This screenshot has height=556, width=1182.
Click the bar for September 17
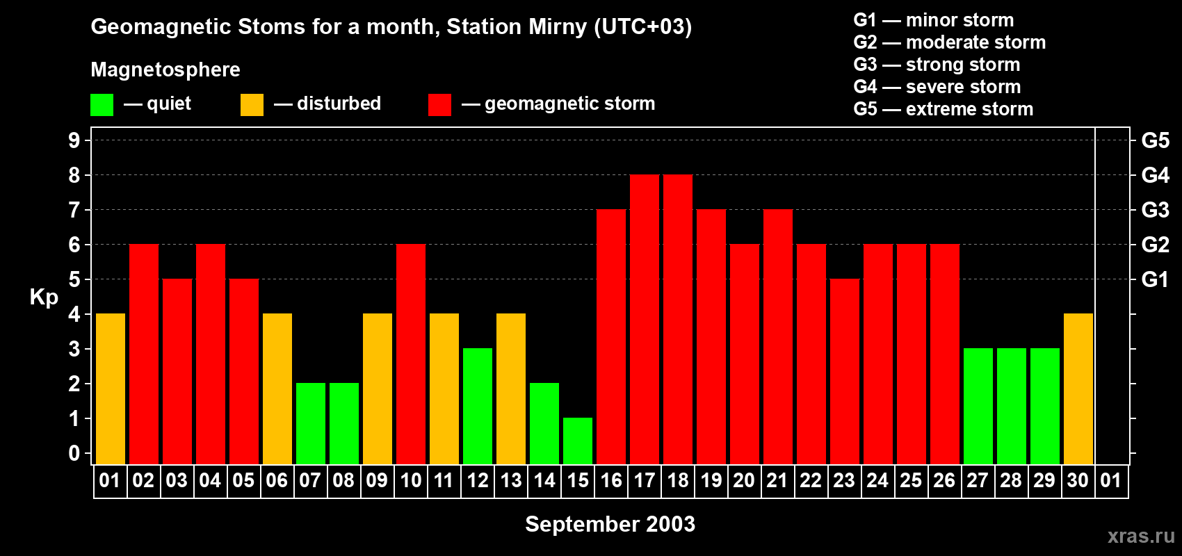click(645, 320)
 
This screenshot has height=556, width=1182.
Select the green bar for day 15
click(578, 441)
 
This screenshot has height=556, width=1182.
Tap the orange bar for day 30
click(1078, 389)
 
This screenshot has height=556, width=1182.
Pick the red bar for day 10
click(411, 354)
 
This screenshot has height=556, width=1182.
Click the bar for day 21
click(778, 337)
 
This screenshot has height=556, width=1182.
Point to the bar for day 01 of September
click(111, 389)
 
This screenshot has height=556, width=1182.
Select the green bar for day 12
click(478, 407)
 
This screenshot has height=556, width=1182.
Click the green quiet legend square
click(102, 105)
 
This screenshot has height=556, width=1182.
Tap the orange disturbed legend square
click(252, 105)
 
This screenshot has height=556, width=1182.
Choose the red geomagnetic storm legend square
click(439, 105)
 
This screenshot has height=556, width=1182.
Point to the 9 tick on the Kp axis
click(74, 140)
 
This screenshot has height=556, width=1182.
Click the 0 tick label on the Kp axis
click(74, 454)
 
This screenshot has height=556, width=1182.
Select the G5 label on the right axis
click(1155, 140)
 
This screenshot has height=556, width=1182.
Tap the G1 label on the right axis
click(1155, 279)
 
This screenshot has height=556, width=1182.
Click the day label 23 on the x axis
click(844, 481)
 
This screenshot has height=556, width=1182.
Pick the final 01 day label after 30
click(1111, 481)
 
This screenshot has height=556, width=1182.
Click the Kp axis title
click(44, 297)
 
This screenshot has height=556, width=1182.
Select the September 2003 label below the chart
click(610, 524)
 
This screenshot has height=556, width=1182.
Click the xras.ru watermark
click(1141, 535)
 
